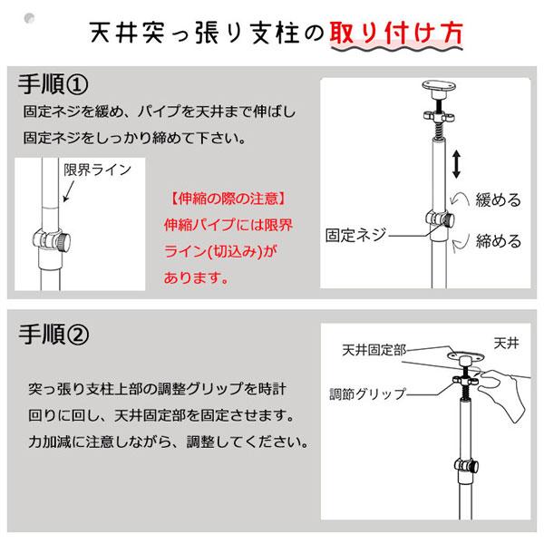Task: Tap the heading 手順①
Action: [x=53, y=85]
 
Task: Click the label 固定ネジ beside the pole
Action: [x=356, y=234]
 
